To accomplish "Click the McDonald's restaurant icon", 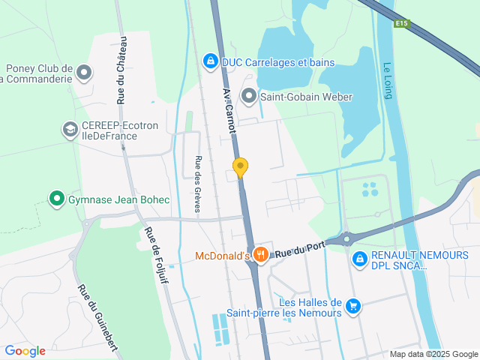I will click(261, 254).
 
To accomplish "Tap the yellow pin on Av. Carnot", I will click(240, 166).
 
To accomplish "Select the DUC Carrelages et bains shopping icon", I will click(211, 61).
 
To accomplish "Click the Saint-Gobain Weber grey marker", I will click(249, 95).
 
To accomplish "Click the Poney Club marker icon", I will click(84, 73).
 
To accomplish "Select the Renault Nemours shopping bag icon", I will click(360, 259).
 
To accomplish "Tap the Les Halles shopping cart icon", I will click(353, 307).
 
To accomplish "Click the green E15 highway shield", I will click(403, 23).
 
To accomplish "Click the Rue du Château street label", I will click(121, 70).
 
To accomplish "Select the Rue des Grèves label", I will click(199, 184).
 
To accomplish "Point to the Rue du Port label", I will click(299, 250).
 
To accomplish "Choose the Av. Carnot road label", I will click(229, 108).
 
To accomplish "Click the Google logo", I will click(25, 350).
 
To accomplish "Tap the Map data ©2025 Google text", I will click(433, 354).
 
